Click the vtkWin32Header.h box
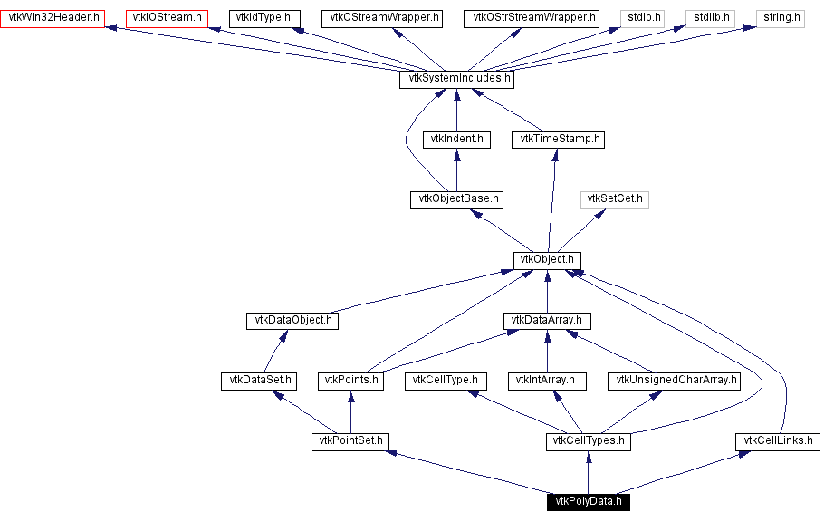click(x=53, y=18)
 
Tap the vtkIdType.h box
click(x=264, y=18)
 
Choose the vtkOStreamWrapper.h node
click(x=385, y=18)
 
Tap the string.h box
click(x=780, y=18)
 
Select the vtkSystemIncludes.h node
click(x=456, y=79)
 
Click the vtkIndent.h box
click(x=456, y=140)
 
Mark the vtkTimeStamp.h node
click(x=558, y=140)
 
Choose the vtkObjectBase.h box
click(x=456, y=199)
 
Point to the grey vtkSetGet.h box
click(x=615, y=199)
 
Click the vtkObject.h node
click(x=546, y=260)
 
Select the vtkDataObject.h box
click(x=292, y=321)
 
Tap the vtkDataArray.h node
click(x=547, y=321)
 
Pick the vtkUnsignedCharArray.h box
click(x=674, y=381)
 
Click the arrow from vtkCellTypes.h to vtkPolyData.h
click(x=588, y=472)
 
